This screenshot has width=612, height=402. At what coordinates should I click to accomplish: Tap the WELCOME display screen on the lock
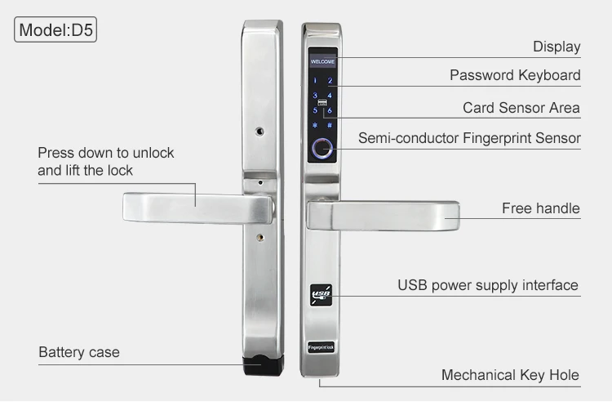click(x=322, y=61)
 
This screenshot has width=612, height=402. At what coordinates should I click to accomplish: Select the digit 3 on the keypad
click(x=314, y=96)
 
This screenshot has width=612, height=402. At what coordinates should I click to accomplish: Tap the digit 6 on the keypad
click(x=329, y=110)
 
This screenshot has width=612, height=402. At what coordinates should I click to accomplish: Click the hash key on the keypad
click(x=329, y=125)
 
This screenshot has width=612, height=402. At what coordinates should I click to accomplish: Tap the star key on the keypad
click(x=314, y=125)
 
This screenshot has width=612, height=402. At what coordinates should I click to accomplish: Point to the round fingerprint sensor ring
click(x=322, y=150)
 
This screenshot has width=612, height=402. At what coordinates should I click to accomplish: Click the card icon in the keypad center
click(x=322, y=103)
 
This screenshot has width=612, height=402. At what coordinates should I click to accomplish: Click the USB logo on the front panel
click(x=320, y=295)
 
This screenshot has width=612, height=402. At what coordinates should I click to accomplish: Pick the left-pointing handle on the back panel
click(x=196, y=208)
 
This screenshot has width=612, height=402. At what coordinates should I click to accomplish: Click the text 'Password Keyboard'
click(x=515, y=75)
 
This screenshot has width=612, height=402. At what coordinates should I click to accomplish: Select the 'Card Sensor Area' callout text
click(x=521, y=108)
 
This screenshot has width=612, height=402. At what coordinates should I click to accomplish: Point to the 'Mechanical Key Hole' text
click(x=510, y=376)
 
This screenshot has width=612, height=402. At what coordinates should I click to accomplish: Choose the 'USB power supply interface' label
click(x=487, y=286)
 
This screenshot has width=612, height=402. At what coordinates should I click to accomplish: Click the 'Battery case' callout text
click(x=79, y=353)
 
